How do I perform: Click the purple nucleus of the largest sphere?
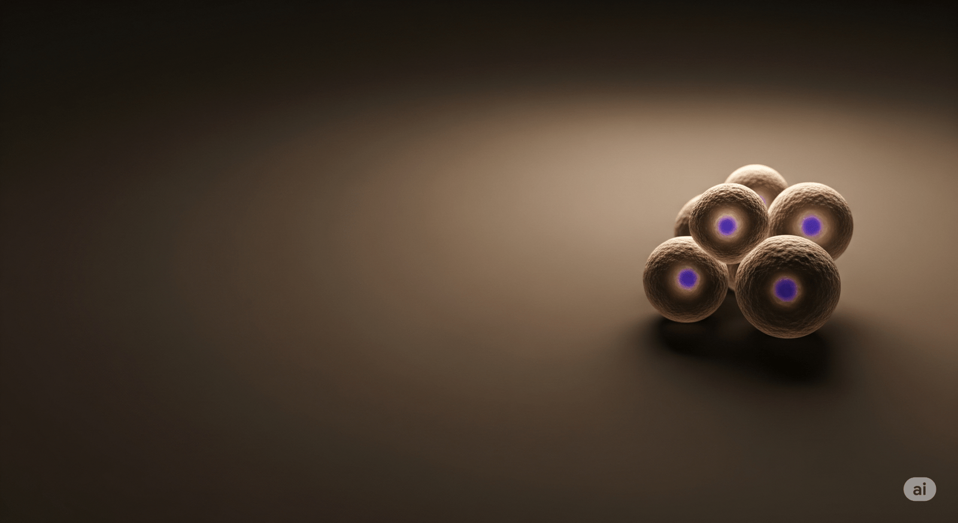coord(785,289)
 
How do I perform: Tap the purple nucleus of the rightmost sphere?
coord(811,225)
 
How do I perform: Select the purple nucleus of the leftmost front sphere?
coord(687,278)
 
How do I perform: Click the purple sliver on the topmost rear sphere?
coord(763,200)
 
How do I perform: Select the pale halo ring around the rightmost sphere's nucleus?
coord(811,238)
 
